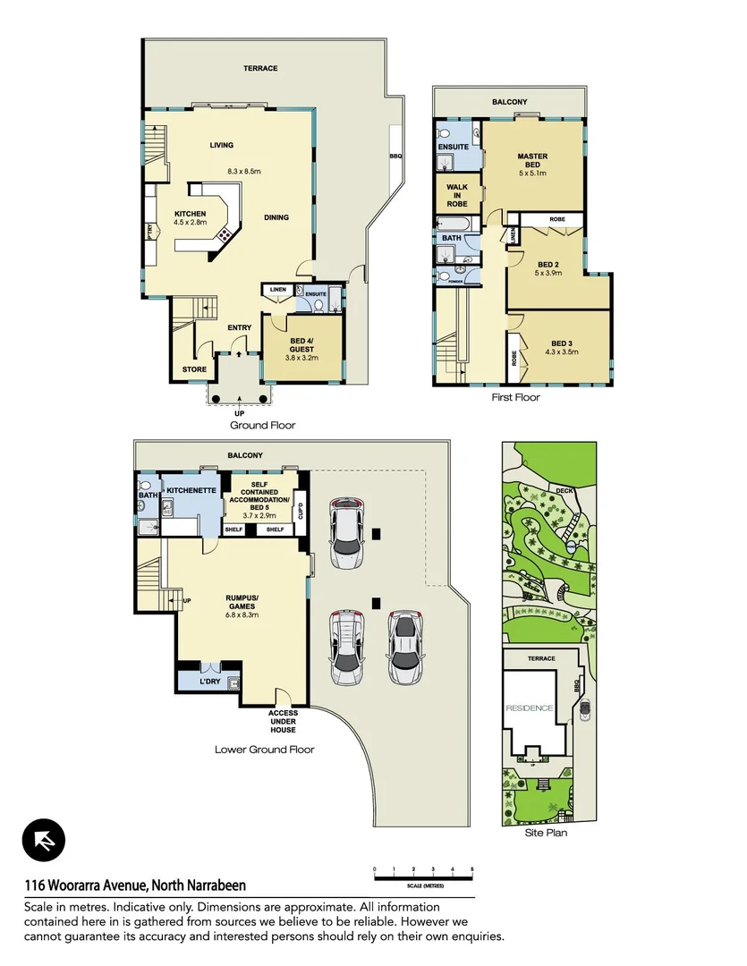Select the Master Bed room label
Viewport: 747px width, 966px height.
tap(532, 161)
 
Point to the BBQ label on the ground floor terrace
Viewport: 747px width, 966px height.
tap(395, 156)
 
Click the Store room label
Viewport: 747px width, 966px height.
tap(194, 369)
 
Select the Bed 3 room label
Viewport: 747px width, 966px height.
tap(561, 348)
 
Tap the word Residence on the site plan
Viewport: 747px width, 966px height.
tap(530, 708)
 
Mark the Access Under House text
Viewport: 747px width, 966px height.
tap(284, 720)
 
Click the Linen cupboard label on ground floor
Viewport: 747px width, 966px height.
tap(277, 290)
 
